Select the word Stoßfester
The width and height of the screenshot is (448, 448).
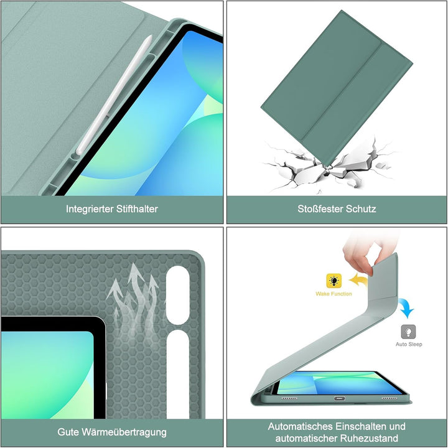tap(320, 209)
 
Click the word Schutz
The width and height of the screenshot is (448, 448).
tap(360, 209)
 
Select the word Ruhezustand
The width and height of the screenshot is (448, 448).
tap(373, 438)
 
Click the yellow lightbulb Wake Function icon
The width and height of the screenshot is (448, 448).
tap(334, 281)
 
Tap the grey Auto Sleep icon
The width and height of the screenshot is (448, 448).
tap(408, 332)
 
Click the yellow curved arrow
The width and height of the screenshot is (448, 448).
tap(358, 281)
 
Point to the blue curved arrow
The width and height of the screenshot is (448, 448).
tap(406, 308)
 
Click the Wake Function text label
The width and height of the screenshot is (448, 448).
tap(334, 294)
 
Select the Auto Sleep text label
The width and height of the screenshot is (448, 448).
tap(409, 344)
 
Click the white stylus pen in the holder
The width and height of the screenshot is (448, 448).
tap(114, 95)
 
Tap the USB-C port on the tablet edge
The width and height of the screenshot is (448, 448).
tap(339, 398)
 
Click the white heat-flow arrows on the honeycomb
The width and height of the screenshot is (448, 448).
tap(134, 303)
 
